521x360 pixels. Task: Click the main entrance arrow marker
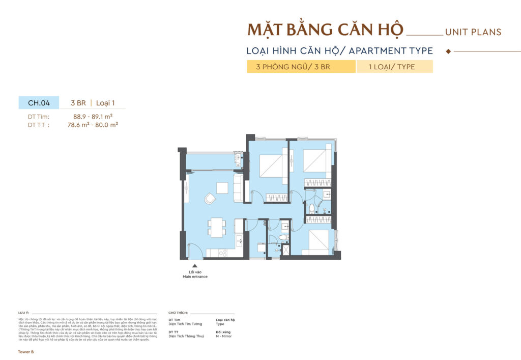[194, 265]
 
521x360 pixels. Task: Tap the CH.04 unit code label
[39, 103]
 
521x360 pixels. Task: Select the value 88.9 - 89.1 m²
[93, 116]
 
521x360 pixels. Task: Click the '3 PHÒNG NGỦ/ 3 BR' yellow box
[301, 67]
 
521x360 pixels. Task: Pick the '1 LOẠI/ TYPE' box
[394, 67]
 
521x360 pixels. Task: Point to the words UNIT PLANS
[473, 32]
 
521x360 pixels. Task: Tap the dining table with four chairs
[217, 227]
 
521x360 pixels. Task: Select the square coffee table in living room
[222, 188]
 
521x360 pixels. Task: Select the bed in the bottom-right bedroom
[319, 242]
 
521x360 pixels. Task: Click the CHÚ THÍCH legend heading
[178, 313]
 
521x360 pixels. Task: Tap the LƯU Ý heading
[23, 313]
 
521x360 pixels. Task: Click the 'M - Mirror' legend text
[225, 336]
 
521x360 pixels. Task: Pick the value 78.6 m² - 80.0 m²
[93, 124]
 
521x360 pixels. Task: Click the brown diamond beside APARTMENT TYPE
[448, 51]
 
